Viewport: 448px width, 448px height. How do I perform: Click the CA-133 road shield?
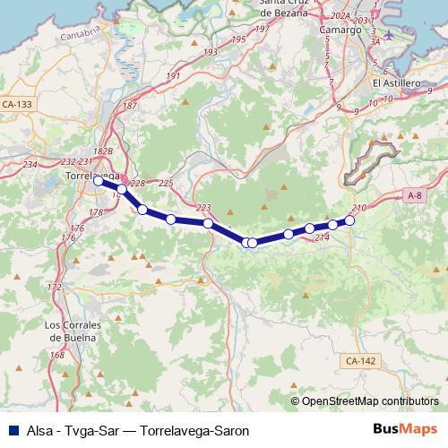coord(17,105)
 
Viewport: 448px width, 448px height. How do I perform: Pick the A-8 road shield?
coord(414,194)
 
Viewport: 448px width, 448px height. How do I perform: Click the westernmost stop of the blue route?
coord(99,181)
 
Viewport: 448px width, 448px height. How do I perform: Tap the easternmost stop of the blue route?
coord(350,220)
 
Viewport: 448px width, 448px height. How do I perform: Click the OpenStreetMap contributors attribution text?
coord(370,401)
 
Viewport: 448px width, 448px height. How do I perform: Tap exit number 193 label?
coord(211,53)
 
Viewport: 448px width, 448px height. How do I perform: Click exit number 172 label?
coord(55,288)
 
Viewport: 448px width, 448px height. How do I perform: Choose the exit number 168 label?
coord(58,356)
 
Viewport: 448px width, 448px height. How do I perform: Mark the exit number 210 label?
coord(359,209)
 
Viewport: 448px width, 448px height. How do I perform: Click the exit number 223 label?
coord(203,208)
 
